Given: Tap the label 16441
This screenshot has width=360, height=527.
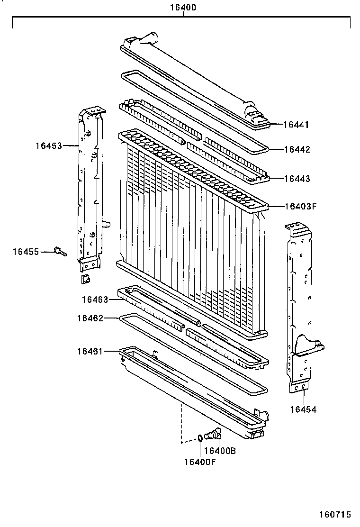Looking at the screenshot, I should pos(296,125).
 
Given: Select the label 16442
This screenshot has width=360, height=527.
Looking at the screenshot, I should pos(297,149).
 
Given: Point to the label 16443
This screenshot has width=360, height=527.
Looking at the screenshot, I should pos(297,179).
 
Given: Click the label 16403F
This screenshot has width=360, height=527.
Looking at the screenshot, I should pos(300,206).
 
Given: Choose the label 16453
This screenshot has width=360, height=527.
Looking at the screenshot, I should pos(48,145).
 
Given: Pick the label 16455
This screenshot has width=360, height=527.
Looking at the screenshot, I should pos(26,252).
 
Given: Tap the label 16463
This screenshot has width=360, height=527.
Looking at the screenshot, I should pos(95,299).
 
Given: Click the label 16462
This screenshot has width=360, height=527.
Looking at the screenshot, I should pos(90,318).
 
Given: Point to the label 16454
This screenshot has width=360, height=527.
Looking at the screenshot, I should pos(303,409).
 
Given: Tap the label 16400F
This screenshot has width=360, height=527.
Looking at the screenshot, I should pos(200,462).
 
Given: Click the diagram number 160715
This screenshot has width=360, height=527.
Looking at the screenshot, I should pos(334,514).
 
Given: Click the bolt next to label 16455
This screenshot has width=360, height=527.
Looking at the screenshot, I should pos(60,251).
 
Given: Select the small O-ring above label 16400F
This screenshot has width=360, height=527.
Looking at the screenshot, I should pos(200,437).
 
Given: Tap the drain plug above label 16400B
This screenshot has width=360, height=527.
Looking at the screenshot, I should pos(215,433).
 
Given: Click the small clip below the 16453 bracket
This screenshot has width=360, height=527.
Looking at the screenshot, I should pos(86,279).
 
